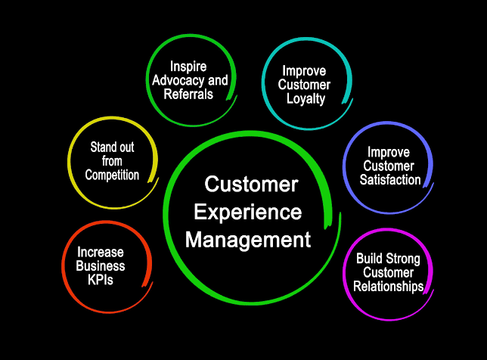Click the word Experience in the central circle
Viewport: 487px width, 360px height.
(x=248, y=213)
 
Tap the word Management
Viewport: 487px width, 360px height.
(x=248, y=240)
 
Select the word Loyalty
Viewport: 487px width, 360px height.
(x=306, y=99)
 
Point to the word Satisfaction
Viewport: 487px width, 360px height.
(x=390, y=180)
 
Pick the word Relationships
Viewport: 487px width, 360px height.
(x=389, y=287)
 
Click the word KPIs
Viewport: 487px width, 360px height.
(x=101, y=280)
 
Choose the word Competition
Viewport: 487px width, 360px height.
(x=112, y=175)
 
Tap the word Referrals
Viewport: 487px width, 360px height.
(x=188, y=94)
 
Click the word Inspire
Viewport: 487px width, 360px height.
(x=188, y=67)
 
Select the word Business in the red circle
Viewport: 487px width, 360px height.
(x=101, y=266)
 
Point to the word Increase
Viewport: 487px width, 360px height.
(x=101, y=252)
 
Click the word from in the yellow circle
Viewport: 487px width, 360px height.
(x=112, y=161)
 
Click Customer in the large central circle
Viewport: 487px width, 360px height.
(x=251, y=185)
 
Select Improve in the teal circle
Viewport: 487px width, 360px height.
(x=304, y=71)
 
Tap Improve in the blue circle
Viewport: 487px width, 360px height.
(x=389, y=153)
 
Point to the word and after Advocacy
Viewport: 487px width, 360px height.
(x=218, y=80)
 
